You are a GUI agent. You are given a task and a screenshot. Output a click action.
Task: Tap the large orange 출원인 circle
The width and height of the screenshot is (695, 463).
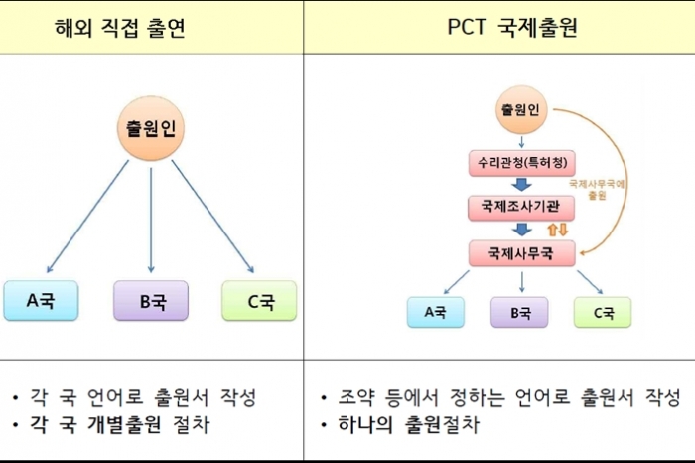click(151, 129)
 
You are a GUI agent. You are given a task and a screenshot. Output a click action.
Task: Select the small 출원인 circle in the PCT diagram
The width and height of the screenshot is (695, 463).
click(521, 110)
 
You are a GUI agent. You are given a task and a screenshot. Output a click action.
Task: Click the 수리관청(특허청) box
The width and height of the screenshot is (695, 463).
click(522, 161)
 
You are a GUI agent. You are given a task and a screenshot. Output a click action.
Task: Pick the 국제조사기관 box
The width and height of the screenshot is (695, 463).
click(522, 206)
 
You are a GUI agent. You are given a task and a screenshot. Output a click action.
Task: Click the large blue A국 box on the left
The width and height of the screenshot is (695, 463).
click(40, 301)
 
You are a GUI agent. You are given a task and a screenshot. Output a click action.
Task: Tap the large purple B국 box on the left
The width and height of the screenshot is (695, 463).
click(151, 301)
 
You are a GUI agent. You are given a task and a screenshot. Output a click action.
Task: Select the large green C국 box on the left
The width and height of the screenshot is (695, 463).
click(260, 301)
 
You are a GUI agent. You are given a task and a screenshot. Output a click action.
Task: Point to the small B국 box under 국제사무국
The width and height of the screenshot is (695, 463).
click(520, 312)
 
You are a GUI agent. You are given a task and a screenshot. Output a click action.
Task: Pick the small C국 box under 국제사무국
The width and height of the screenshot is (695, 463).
click(604, 312)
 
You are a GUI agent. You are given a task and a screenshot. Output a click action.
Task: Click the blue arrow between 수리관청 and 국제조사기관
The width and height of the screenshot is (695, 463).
click(522, 183)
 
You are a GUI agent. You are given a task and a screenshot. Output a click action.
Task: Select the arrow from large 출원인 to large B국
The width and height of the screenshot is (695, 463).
click(151, 219)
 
